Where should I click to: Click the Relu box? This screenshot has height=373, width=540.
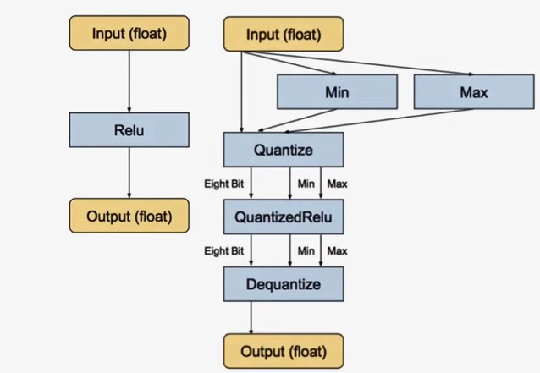pos(129,131)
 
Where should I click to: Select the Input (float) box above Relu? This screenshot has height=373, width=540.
pos(129,34)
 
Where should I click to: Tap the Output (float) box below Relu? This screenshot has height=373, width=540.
pos(129,216)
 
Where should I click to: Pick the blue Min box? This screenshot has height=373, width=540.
pos(337,92)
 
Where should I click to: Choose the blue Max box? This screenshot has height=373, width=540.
pos(475,92)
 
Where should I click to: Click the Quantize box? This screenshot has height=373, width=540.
pos(283,151)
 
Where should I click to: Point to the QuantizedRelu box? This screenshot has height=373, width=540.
pos(283,217)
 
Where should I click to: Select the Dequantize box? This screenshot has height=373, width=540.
pos(283,283)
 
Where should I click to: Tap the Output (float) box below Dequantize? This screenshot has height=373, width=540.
pos(283,349)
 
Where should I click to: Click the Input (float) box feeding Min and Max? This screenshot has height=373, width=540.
pos(283,35)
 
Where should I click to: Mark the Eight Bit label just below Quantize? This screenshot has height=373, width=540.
pos(223,184)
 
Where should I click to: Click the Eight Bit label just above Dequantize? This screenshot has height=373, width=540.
pos(223,250)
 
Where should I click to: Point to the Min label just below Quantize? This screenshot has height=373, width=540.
pos(306,184)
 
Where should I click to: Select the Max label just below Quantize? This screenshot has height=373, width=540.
pos(338,184)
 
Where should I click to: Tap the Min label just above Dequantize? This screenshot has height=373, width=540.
pos(306,250)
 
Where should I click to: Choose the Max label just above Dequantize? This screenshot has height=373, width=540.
pos(338,250)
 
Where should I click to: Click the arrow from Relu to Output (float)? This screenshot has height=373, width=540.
pos(129,173)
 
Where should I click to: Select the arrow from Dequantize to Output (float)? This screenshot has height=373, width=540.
pos(251,317)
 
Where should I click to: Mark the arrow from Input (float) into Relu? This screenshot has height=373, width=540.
pos(129,80)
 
